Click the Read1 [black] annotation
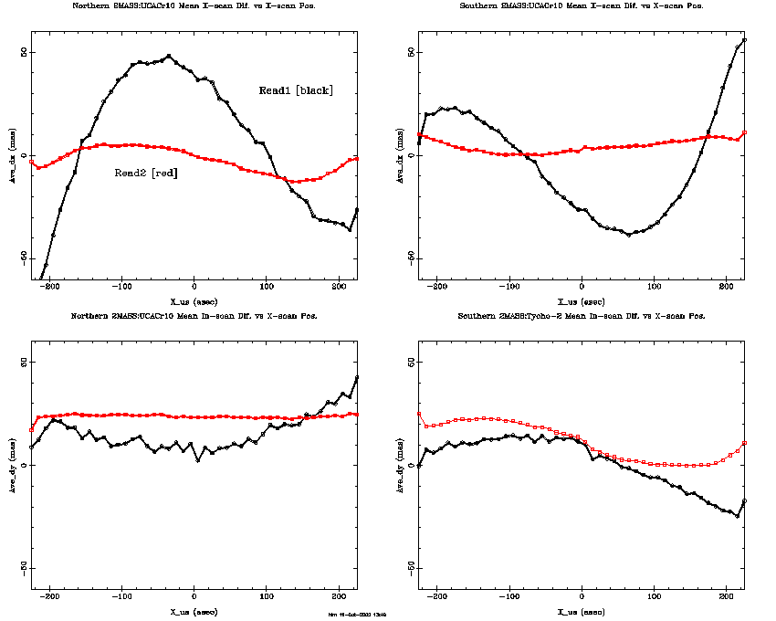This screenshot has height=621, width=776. (x=296, y=90)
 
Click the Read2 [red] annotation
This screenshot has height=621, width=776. (x=145, y=173)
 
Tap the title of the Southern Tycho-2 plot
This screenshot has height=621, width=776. (x=582, y=315)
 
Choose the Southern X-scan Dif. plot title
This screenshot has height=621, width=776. (x=582, y=5)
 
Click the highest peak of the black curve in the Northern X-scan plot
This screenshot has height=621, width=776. (x=169, y=56)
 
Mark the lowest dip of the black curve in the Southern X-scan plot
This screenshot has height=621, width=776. (x=628, y=235)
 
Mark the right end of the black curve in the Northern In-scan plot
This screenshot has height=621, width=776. (x=357, y=376)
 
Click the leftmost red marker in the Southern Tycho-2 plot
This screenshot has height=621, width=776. (x=419, y=414)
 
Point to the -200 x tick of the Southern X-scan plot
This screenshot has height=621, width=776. (x=438, y=288)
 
